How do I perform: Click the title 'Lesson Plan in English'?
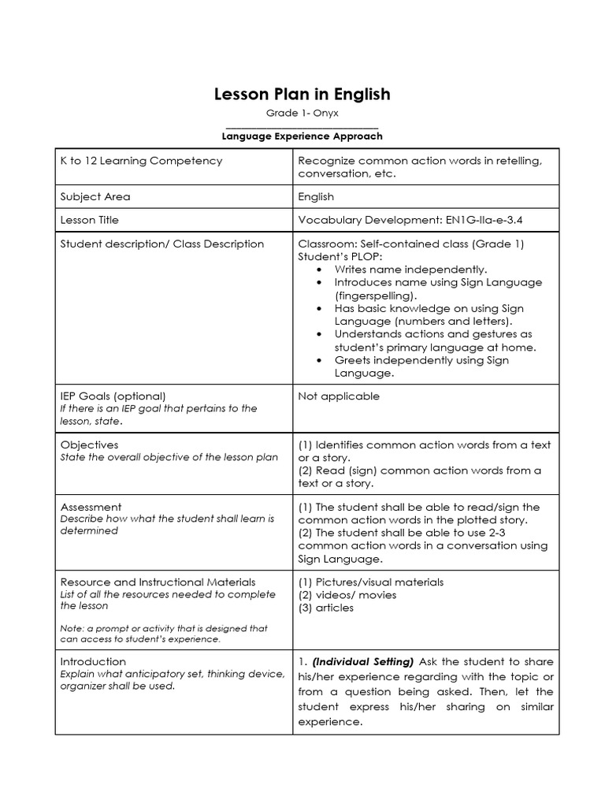(x=302, y=95)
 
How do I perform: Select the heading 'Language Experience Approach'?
(x=302, y=136)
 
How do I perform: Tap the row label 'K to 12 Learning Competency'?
(x=141, y=161)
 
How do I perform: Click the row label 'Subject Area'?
(x=95, y=197)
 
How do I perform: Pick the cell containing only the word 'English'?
(x=316, y=197)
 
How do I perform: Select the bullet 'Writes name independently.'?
(x=410, y=270)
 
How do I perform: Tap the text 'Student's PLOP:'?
(x=336, y=257)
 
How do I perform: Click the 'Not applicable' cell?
(x=338, y=396)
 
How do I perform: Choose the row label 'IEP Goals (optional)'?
(x=113, y=396)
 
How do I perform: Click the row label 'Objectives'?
(x=89, y=445)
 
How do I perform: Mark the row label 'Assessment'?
(x=91, y=508)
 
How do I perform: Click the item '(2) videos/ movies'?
(x=347, y=595)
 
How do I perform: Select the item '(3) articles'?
(x=326, y=608)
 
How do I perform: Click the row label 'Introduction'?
(x=93, y=662)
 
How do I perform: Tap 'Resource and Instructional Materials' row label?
(x=158, y=582)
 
